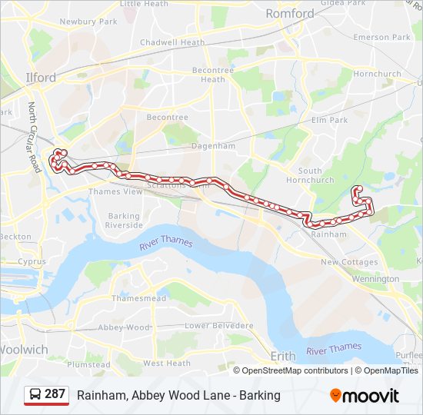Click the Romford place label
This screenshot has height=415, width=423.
pos(290,14)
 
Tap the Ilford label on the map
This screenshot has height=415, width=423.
pos(41,78)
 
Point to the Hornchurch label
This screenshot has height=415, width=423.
pos(378,75)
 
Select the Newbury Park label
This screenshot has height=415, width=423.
pos(88,22)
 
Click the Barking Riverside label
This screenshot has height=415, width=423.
pos(124,221)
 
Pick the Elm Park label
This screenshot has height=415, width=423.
pos(330,120)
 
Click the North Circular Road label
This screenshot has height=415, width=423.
pos(35,138)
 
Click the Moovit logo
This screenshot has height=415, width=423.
pos(365,396)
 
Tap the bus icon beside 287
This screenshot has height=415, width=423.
pos(35,395)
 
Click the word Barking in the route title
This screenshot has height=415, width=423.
pos(259,396)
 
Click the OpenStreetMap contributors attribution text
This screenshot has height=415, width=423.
pos(295,370)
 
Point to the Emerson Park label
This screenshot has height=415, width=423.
pos(382,37)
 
